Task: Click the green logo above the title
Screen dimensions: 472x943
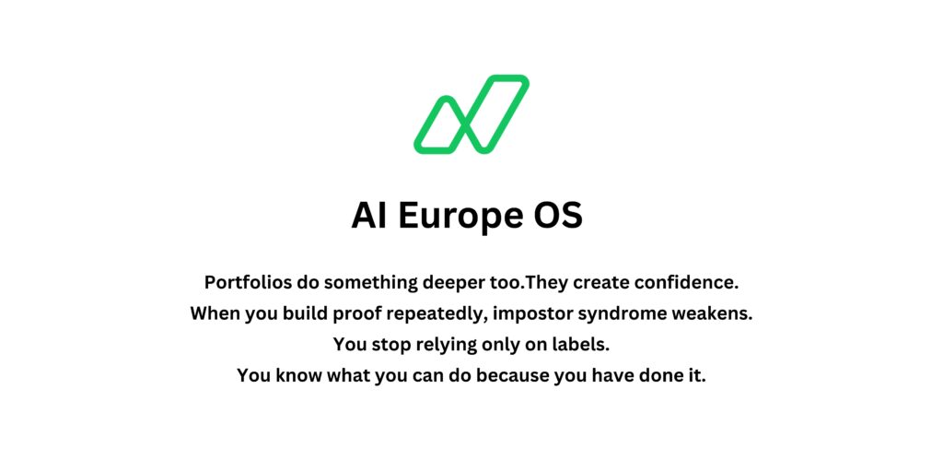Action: pos(471,114)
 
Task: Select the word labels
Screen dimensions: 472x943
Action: pos(579,345)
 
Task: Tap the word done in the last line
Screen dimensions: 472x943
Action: pos(662,376)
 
